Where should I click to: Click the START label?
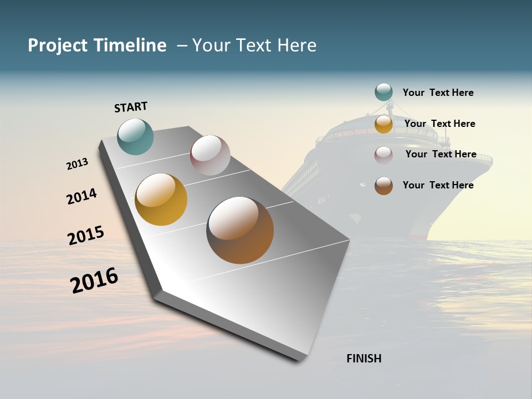pyautogui.click(x=131, y=107)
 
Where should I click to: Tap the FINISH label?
pyautogui.click(x=364, y=359)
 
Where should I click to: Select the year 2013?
pyautogui.click(x=77, y=164)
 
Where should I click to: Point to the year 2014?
pyautogui.click(x=81, y=196)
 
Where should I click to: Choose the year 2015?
pyautogui.click(x=86, y=236)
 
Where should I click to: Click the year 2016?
pyautogui.click(x=94, y=280)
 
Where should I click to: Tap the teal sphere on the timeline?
pyautogui.click(x=136, y=136)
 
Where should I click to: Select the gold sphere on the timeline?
pyautogui.click(x=161, y=199)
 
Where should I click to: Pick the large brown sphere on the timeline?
pyautogui.click(x=240, y=230)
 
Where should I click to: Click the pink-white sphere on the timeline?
pyautogui.click(x=210, y=155)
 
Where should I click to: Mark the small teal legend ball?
pyautogui.click(x=383, y=92)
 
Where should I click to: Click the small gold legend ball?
pyautogui.click(x=383, y=124)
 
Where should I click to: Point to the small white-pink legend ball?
pyautogui.click(x=383, y=155)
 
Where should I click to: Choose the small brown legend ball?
pyautogui.click(x=383, y=186)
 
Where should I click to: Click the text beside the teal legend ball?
pyautogui.click(x=438, y=93)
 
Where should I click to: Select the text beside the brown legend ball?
pyautogui.click(x=438, y=185)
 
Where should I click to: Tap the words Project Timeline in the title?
pyautogui.click(x=97, y=45)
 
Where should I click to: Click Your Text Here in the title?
pyautogui.click(x=254, y=45)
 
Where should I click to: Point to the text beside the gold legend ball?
pyautogui.click(x=439, y=124)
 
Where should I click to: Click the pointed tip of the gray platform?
pyautogui.click(x=302, y=359)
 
